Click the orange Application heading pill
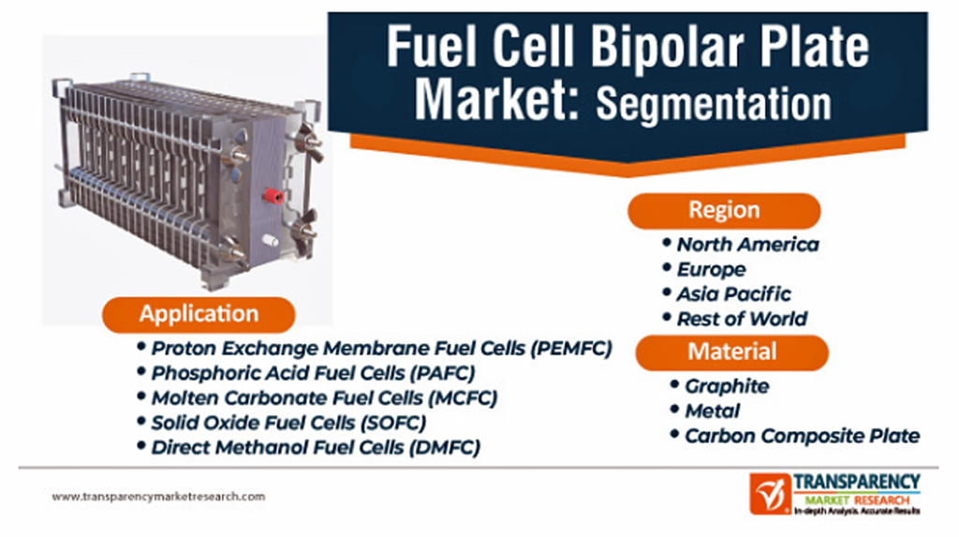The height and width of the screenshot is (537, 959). point(199,315)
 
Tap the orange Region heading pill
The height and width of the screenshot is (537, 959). point(724,211)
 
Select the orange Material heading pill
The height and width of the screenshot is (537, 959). point(732,352)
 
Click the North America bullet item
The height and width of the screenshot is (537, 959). point(747,245)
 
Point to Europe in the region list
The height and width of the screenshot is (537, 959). point(711,269)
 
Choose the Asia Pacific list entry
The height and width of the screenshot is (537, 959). point(733,294)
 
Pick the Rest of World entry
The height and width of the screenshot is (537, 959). point(742,319)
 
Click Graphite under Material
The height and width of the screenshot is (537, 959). point(727,386)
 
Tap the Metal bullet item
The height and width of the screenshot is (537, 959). point(712,410)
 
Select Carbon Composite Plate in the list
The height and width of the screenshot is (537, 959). point(803,436)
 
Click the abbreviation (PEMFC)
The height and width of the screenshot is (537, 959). point(571,349)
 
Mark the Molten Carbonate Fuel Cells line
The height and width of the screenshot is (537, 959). point(325,398)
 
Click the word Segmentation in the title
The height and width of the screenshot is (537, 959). point(714,103)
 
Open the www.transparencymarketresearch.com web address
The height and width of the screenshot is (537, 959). point(158,497)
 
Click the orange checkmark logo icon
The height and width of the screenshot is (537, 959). point(770,494)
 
